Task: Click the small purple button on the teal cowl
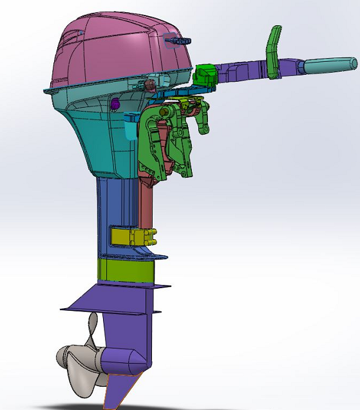click(115, 103)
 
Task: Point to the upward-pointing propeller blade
click(95, 329)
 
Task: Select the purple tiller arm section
click(245, 68)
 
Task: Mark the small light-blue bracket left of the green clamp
click(131, 119)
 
